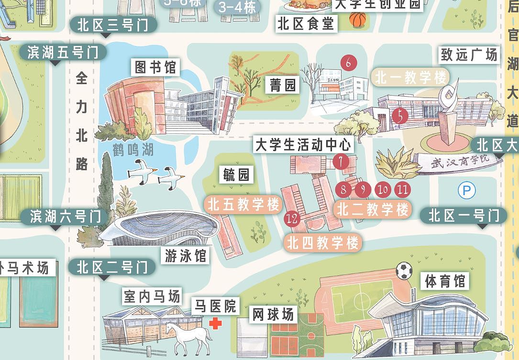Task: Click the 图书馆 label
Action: pyautogui.click(x=155, y=67)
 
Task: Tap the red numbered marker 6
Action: pyautogui.click(x=349, y=63)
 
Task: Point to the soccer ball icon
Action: pyautogui.click(x=404, y=271)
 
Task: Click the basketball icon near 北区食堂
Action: pyautogui.click(x=357, y=20)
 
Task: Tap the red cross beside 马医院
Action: pyautogui.click(x=216, y=324)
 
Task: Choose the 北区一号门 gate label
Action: pyautogui.click(x=463, y=216)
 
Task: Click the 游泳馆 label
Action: pyautogui.click(x=185, y=256)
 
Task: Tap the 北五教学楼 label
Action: pyautogui.click(x=243, y=205)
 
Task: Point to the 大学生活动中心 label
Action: pyautogui.click(x=303, y=145)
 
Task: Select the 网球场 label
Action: pyautogui.click(x=273, y=315)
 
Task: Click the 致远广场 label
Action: pyautogui.click(x=469, y=55)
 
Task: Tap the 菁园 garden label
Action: pyautogui.click(x=282, y=85)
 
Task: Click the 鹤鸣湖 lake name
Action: pyautogui.click(x=133, y=149)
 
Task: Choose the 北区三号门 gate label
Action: pyautogui.click(x=113, y=25)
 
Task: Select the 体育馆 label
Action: pyautogui.click(x=445, y=281)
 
